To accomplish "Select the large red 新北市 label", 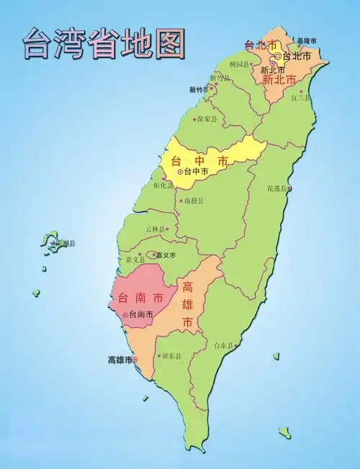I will [279, 80].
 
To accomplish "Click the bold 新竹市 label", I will [199, 89].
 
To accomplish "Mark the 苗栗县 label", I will [206, 120].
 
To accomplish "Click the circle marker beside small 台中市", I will [180, 171].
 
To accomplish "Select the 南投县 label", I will [194, 200].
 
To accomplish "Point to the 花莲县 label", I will [277, 188].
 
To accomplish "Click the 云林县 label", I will [155, 228].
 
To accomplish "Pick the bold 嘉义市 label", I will [166, 254].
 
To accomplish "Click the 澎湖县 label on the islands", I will [66, 244].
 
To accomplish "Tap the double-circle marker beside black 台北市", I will [278, 55].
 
